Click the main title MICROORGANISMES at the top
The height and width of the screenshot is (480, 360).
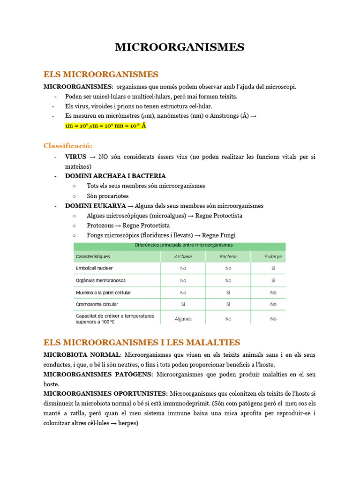coord(180,47)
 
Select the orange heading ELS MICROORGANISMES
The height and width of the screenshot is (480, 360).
coord(101,75)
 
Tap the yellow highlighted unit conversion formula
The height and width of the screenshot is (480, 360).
coord(106,126)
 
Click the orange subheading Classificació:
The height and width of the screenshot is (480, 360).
coord(68,145)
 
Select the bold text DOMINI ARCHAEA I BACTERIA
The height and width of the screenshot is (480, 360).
coord(115,176)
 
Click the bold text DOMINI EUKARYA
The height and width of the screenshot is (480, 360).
coord(96,206)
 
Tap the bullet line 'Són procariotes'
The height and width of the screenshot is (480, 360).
coord(107,196)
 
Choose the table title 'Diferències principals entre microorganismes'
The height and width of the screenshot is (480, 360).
coord(183,245)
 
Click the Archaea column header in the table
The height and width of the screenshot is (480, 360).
coord(183,256)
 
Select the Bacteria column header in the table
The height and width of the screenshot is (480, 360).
coord(228,256)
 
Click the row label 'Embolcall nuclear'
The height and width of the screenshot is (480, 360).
coord(94,269)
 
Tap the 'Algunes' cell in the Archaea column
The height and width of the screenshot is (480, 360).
coord(183,319)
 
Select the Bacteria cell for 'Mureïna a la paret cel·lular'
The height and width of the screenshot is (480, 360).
coord(228,292)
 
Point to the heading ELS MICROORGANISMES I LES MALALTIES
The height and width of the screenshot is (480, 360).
coord(142,343)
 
